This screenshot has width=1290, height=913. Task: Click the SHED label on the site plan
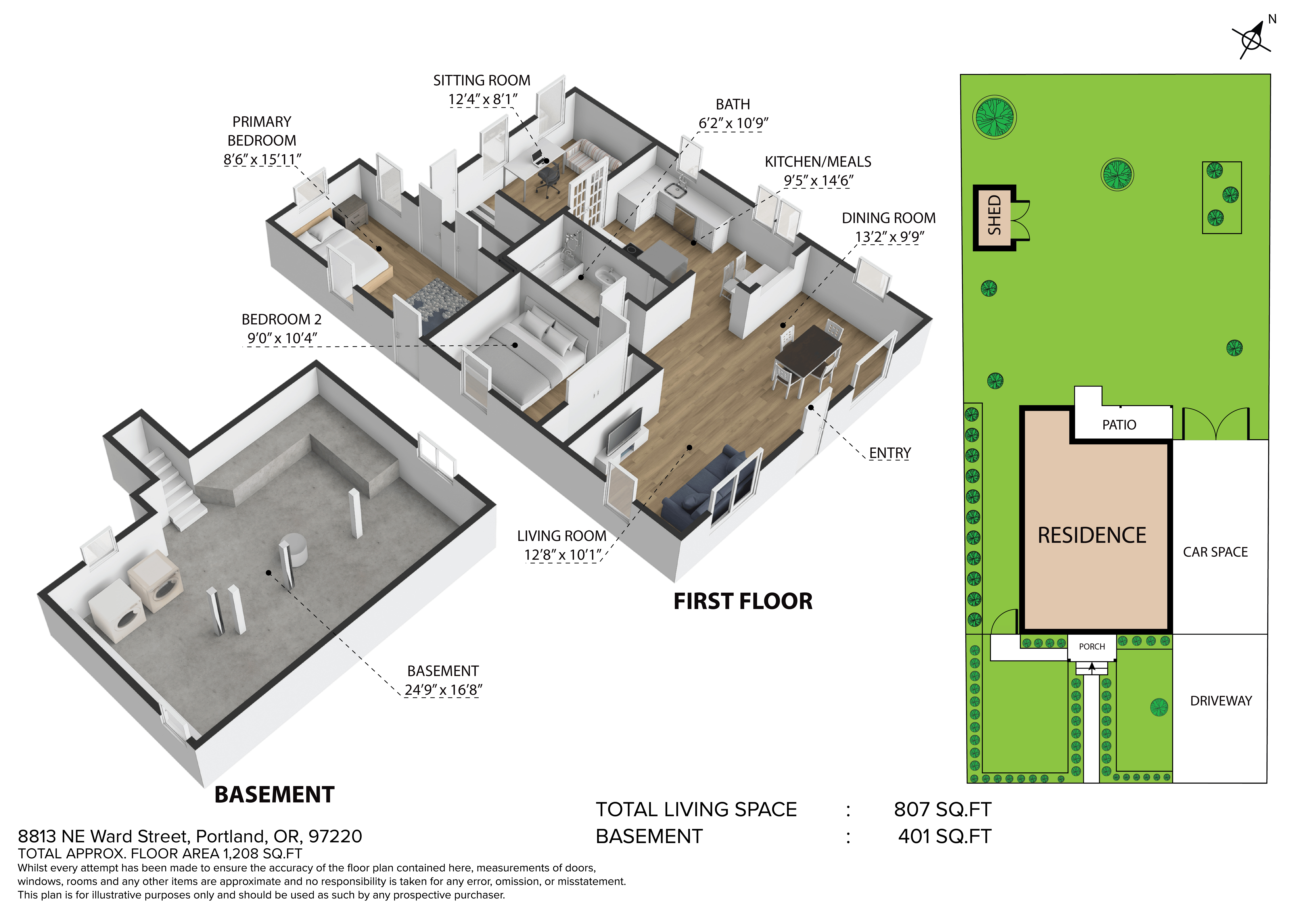coord(994,215)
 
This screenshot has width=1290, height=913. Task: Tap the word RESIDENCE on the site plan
coord(1092,535)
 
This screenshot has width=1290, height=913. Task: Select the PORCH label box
coord(1092,647)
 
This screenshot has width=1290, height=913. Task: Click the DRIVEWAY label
coord(1221,701)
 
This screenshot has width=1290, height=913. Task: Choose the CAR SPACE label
coord(1215,552)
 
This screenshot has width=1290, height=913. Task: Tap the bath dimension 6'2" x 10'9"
coord(733,123)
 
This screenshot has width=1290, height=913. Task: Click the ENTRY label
coord(890,453)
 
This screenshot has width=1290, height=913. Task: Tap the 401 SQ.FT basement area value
coord(944,836)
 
